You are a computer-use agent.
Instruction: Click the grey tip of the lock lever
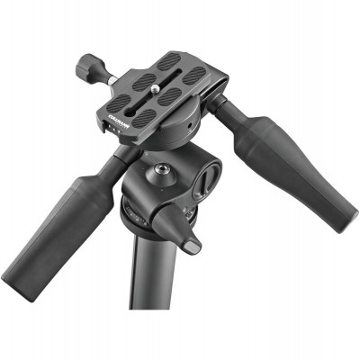coord(192,245)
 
